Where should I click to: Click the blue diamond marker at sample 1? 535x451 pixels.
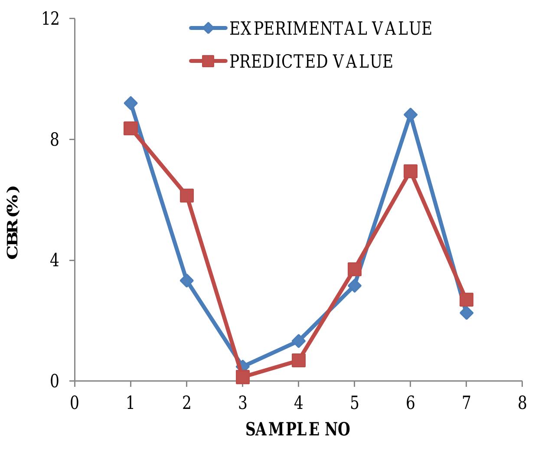click(130, 103)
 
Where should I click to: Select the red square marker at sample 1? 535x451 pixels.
click(130, 128)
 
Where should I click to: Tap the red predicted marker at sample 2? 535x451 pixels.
click(186, 196)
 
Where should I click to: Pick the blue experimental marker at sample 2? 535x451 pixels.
click(186, 281)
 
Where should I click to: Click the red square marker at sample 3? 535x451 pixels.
click(242, 377)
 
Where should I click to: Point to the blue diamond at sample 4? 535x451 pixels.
click(298, 341)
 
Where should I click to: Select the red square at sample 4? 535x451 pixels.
click(298, 360)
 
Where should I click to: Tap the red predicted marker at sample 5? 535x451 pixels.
click(354, 269)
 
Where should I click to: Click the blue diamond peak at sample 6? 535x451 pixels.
click(410, 115)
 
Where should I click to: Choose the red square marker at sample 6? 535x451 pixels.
click(410, 172)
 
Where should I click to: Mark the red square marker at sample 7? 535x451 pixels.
click(466, 300)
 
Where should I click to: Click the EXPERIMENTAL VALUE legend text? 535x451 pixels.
click(330, 29)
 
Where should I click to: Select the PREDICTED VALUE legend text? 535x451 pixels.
click(311, 61)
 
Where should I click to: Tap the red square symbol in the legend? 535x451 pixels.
click(208, 61)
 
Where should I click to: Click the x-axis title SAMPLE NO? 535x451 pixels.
click(298, 429)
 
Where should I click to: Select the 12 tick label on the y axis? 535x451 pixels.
click(51, 19)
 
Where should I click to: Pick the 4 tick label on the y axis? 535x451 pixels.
click(54, 260)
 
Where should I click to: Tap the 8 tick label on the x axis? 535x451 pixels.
click(522, 403)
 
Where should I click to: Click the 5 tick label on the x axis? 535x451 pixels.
click(354, 403)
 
